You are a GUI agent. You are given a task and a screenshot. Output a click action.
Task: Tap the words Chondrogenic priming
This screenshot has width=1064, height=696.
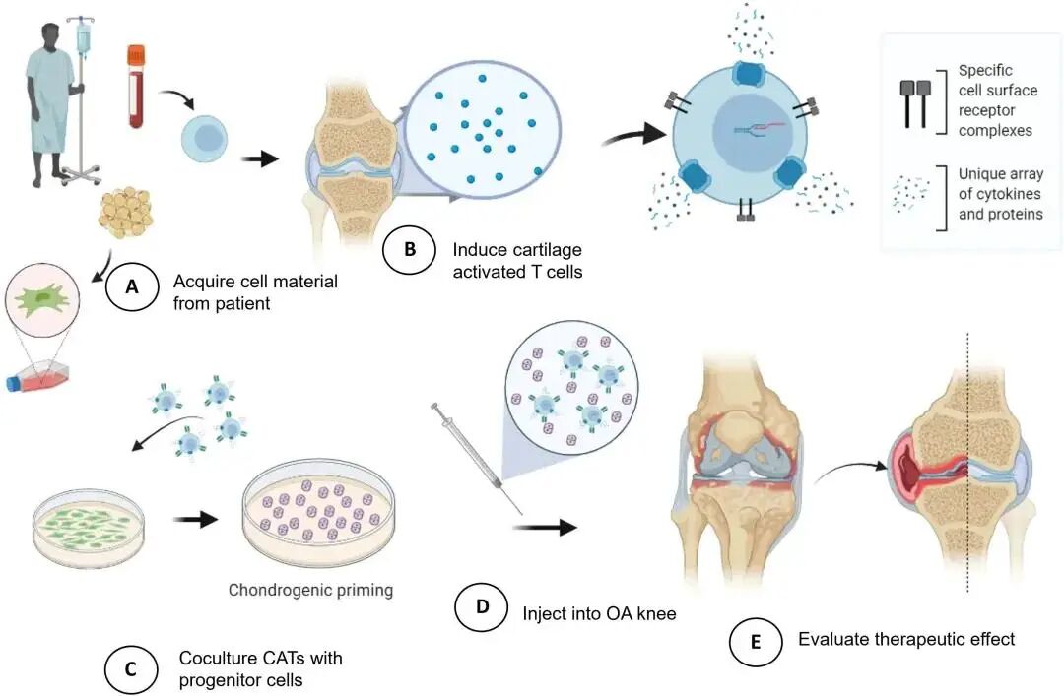310,591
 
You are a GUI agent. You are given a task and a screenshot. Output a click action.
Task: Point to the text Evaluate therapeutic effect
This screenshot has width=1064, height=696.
905,639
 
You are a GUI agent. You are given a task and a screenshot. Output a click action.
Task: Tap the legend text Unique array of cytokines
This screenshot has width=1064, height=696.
1000,194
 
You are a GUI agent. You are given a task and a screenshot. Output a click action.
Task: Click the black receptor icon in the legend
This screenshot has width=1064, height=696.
915,103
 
